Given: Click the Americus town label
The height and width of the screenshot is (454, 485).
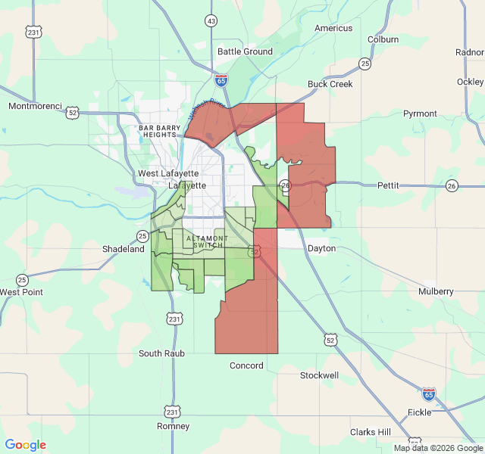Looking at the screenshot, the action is coord(333,28).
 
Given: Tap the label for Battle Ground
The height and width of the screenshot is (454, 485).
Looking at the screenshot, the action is coord(245,51).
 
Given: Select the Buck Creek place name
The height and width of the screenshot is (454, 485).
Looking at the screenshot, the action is coord(330,84).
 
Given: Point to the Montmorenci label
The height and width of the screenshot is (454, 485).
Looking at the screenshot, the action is coord(34,106).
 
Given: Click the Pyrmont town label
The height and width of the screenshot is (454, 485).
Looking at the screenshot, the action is coord(420,113).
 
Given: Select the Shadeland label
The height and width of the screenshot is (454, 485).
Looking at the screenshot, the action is coord(124,249).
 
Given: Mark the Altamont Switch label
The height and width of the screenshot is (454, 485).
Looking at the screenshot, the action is coord(201,242).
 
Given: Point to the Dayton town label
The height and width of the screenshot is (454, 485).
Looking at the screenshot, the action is coord(321,248).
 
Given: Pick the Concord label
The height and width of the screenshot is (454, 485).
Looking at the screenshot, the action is coord(246,365).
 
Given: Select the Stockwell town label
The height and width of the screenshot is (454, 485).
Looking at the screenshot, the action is coord(319,375).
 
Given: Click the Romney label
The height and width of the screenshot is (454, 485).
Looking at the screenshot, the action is coord(173,426).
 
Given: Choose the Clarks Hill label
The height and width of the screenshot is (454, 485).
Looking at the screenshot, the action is coord(371,432).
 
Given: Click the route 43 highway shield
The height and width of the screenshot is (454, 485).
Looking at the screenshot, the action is coord(211,20).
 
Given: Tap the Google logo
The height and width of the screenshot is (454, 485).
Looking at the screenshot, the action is coord(26,445).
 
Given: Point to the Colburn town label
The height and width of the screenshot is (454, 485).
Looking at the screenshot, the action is coord(383,39).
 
